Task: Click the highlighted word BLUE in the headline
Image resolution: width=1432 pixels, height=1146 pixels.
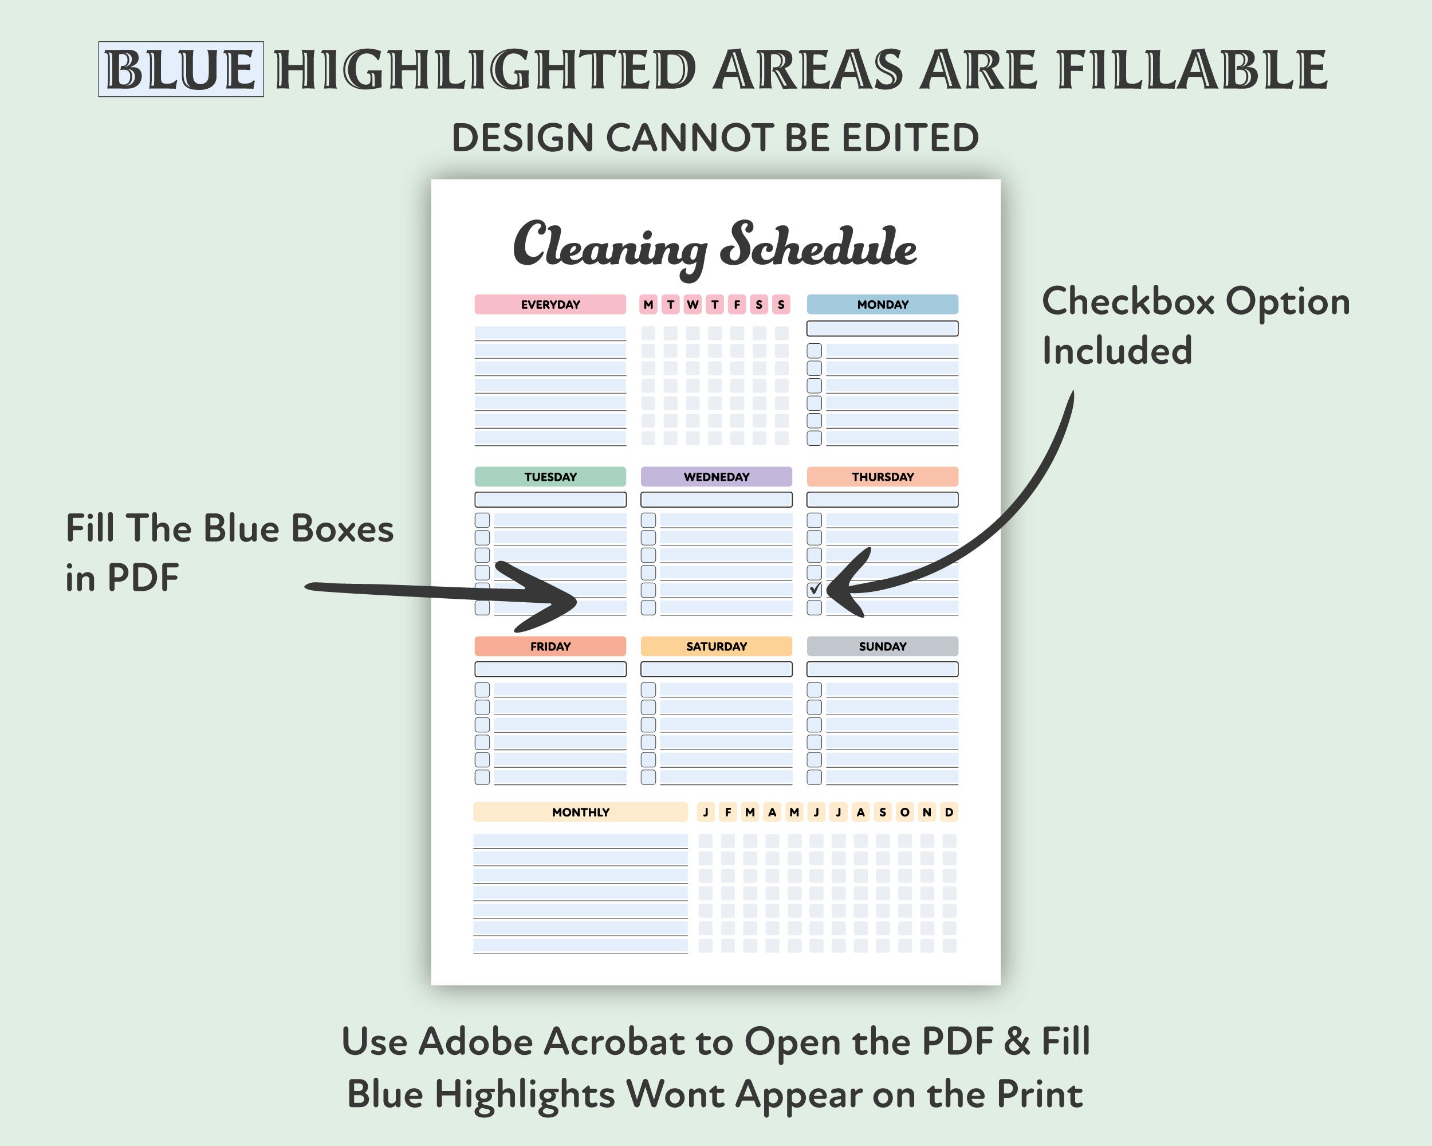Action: pos(180,69)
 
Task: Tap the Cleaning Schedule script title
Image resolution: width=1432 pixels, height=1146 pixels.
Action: pos(715,246)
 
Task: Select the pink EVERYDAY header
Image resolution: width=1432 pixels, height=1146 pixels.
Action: pos(550,304)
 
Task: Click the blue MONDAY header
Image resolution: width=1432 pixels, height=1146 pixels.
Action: pos(882,304)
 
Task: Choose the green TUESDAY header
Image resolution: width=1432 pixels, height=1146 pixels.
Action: pos(550,476)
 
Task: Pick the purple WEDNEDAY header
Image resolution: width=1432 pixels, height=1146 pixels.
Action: pos(716,476)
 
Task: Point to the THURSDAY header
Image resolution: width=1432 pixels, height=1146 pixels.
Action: pos(882,476)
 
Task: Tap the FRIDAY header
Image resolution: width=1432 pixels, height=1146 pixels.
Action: pos(550,646)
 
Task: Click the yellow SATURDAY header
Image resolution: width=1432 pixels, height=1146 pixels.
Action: pos(716,646)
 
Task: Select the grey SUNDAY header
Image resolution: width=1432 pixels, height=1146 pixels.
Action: pos(882,646)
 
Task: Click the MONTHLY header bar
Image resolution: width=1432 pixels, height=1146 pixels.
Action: pos(580,812)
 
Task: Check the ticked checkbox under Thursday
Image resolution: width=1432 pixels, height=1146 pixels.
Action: pos(815,589)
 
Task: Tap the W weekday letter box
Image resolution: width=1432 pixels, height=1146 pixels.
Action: pos(693,304)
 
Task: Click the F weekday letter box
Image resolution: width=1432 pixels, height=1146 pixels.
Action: pos(737,304)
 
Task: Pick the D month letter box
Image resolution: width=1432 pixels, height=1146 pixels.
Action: pos(949,812)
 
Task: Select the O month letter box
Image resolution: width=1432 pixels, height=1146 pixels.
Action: pos(904,812)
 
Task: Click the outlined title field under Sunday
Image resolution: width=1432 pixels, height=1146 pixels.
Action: pos(882,668)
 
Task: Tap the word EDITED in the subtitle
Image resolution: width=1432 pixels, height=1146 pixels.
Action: pos(910,138)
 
